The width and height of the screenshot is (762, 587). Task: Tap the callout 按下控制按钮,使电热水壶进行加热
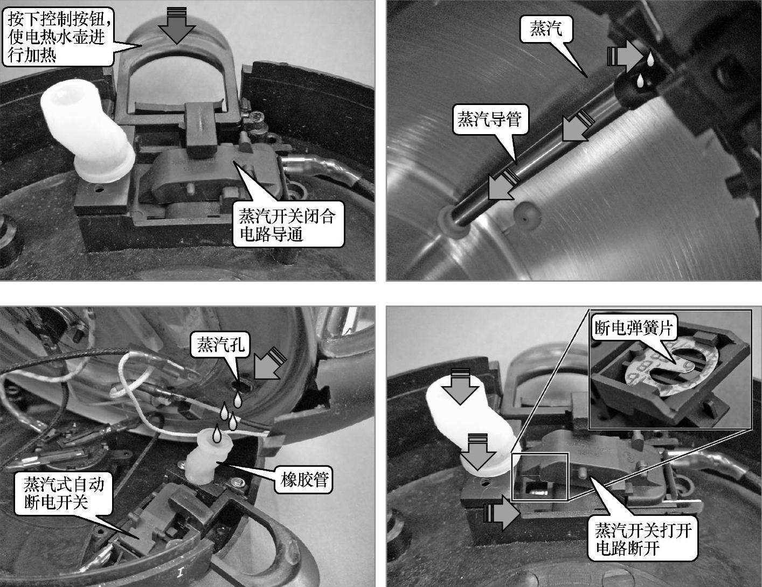pos(58,37)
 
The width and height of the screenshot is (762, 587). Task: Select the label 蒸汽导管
pos(490,120)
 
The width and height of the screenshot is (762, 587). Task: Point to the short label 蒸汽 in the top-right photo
pos(546,29)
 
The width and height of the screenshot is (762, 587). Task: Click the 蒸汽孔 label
pos(220,345)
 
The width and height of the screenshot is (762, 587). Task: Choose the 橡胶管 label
pos(304,479)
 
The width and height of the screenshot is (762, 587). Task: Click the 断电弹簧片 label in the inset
pos(634,329)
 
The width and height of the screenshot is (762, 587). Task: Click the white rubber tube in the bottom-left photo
pos(207,456)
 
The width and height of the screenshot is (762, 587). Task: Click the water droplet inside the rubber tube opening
pos(216,435)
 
